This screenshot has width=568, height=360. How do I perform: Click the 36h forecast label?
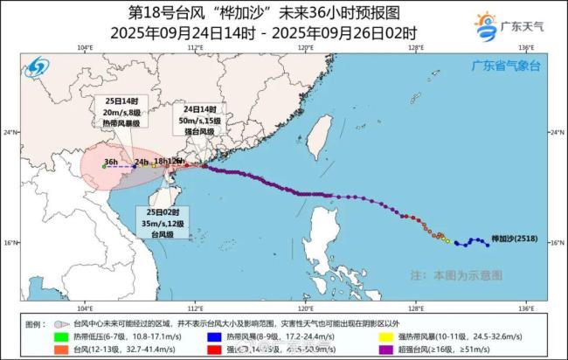(x=109, y=162)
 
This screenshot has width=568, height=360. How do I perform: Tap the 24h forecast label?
(x=141, y=162)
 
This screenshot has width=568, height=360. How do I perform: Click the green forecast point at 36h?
(x=104, y=166)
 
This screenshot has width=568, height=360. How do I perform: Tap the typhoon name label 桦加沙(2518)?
(x=515, y=237)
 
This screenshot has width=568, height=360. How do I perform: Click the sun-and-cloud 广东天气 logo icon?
(x=487, y=23)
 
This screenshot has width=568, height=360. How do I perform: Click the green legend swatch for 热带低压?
(x=59, y=335)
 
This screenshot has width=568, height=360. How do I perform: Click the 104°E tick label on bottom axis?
(x=85, y=308)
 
